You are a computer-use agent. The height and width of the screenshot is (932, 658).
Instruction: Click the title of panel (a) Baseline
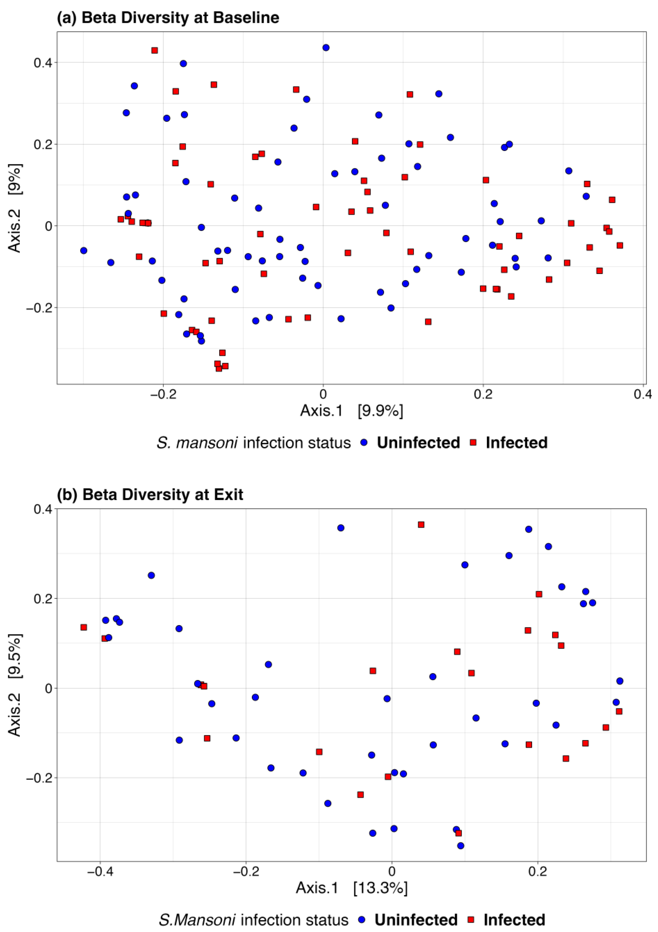point(168,18)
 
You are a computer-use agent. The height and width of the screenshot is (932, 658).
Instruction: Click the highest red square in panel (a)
point(155,50)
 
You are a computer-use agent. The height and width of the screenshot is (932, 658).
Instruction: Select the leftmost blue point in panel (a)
point(84,250)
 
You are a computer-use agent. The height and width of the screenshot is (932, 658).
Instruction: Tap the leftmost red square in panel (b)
point(84,627)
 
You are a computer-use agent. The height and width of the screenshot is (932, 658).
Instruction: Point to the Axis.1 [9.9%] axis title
point(351,411)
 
